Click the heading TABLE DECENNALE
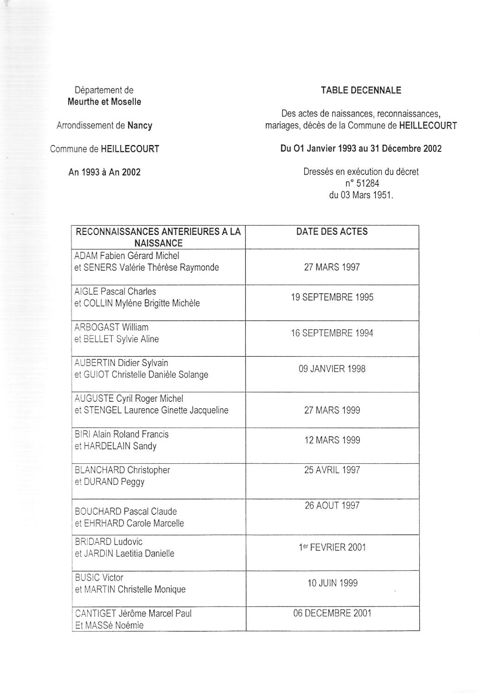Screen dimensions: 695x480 click(361, 90)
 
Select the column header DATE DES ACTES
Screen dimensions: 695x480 click(332, 232)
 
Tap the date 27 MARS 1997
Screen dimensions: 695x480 click(332, 267)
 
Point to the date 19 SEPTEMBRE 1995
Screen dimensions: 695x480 click(332, 297)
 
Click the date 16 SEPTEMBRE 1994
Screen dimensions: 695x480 click(332, 333)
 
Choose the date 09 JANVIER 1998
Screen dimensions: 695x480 click(332, 369)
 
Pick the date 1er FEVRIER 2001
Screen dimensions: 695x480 click(332, 547)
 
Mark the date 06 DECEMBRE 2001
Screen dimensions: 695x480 click(332, 613)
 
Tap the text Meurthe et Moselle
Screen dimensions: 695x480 click(104, 102)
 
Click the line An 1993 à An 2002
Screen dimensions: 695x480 click(104, 172)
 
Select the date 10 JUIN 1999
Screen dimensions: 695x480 click(332, 583)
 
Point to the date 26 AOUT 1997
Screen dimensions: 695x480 click(332, 505)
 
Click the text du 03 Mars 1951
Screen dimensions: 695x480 click(361, 195)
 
